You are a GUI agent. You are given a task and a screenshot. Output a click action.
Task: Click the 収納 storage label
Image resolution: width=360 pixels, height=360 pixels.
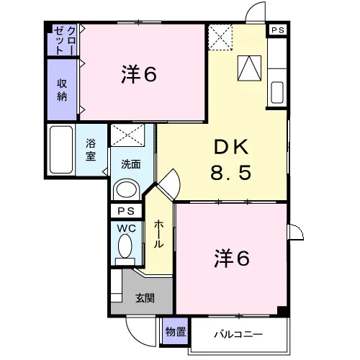[x=62, y=90]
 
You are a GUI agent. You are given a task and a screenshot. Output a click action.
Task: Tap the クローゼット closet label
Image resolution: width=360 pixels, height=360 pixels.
[x=65, y=40]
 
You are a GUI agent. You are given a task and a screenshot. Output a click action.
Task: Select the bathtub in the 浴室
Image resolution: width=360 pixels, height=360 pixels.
[x=61, y=150]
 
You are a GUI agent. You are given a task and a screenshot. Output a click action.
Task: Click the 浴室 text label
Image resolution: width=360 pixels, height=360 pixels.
[x=91, y=150]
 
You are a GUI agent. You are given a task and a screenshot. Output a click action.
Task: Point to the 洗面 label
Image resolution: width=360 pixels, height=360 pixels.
[x=130, y=164]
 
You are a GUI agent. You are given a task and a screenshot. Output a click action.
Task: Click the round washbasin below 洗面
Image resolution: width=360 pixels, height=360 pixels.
[x=127, y=189]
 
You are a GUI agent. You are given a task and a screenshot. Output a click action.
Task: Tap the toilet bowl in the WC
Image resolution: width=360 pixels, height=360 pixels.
[x=125, y=246]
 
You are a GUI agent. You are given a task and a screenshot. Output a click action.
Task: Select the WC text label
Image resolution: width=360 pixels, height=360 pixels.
[x=127, y=228]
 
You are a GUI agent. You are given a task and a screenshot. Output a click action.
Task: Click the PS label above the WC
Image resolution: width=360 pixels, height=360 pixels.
[x=126, y=211]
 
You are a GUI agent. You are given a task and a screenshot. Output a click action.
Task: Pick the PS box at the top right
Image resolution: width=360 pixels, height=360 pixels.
[x=278, y=30]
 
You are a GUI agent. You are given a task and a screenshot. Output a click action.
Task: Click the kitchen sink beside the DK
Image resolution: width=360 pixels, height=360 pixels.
[x=277, y=93]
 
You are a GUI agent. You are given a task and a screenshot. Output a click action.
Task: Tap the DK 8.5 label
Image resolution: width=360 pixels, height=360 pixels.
[x=231, y=160]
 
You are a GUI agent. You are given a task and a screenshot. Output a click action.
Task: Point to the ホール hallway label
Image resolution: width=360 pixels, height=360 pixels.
[x=158, y=234]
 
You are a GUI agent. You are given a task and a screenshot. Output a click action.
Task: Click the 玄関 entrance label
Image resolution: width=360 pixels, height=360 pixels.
[x=145, y=298]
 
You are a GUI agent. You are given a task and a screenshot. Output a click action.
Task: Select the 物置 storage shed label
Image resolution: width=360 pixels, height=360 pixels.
[x=176, y=332]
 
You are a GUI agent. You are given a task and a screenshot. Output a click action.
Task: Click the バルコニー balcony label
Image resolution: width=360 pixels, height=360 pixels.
[x=238, y=334]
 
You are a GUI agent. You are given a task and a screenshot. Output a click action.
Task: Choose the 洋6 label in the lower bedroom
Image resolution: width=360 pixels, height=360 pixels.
[x=232, y=258]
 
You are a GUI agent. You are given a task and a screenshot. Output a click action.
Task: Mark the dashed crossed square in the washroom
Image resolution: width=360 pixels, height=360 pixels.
[x=127, y=135]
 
